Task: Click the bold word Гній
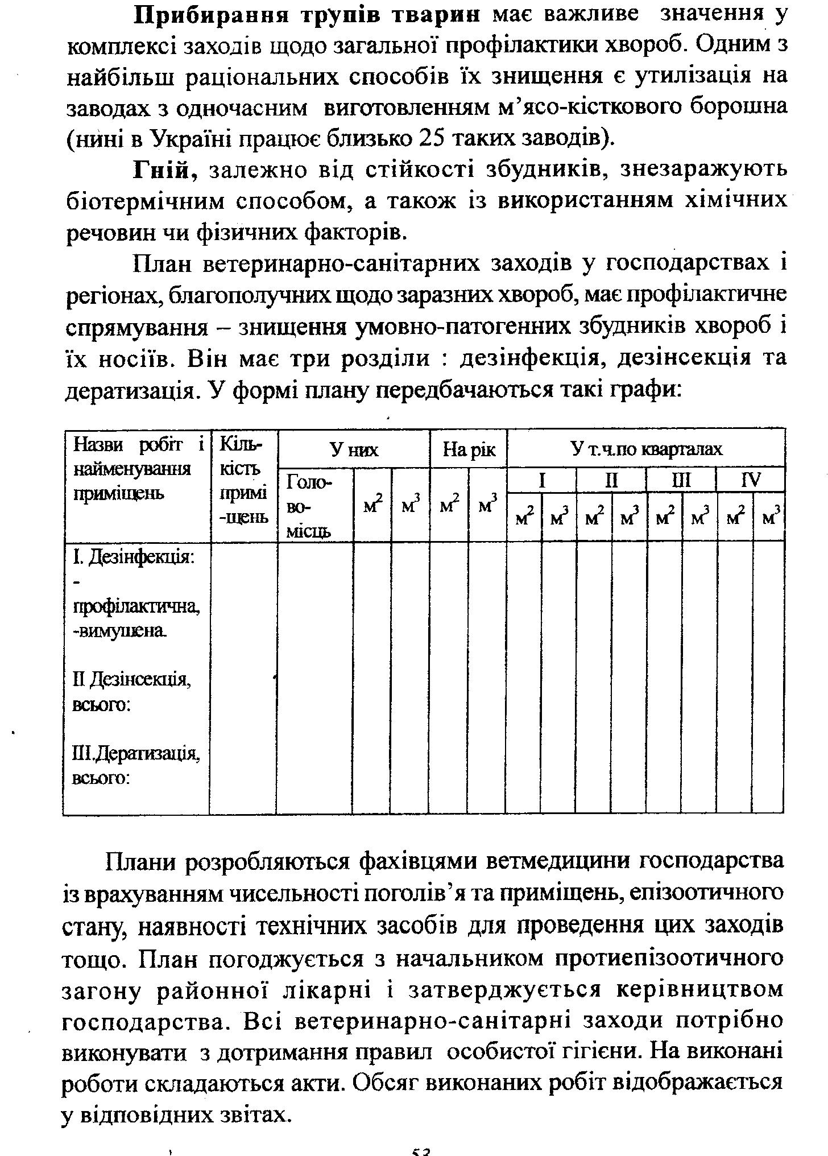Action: tap(164, 170)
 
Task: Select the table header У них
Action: tap(354, 450)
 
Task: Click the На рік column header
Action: tap(469, 450)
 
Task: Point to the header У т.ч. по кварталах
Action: tap(646, 449)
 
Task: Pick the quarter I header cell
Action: tap(542, 481)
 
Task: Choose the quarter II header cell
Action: tap(611, 481)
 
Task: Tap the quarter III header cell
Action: tap(681, 481)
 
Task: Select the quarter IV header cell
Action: tap(751, 481)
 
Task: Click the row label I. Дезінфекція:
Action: tap(134, 556)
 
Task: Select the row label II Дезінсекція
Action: tap(132, 679)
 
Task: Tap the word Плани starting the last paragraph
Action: tap(143, 862)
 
